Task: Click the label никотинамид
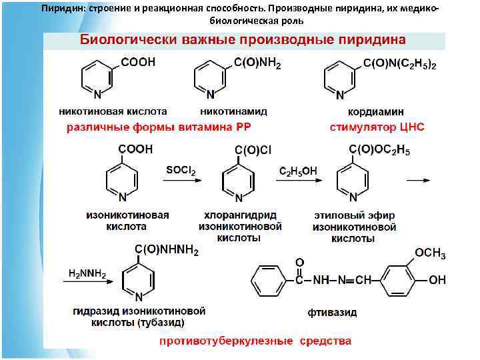click(x=233, y=111)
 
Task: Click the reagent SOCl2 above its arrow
click(x=181, y=171)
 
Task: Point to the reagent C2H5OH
click(x=298, y=171)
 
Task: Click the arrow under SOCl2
click(x=180, y=179)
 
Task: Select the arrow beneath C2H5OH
click(x=298, y=179)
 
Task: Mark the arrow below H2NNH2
click(x=85, y=281)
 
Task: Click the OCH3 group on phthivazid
click(x=431, y=254)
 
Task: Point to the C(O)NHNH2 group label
click(x=167, y=250)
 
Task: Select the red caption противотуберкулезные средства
click(x=255, y=341)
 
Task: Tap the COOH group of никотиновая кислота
click(x=138, y=62)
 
